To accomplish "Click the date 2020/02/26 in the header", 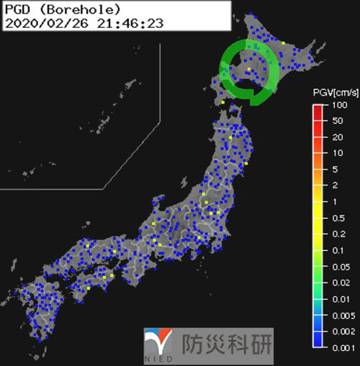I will [38, 23].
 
